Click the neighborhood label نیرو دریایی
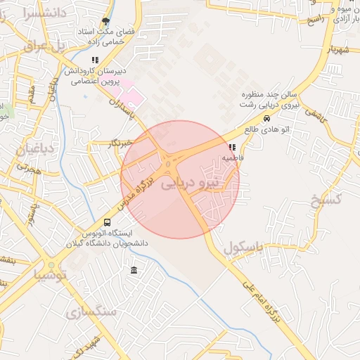click(191, 184)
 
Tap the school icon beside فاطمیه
click(232, 148)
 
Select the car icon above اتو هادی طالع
click(266, 119)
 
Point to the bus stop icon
click(107, 221)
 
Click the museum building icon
click(134, 271)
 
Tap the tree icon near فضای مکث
click(105, 21)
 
